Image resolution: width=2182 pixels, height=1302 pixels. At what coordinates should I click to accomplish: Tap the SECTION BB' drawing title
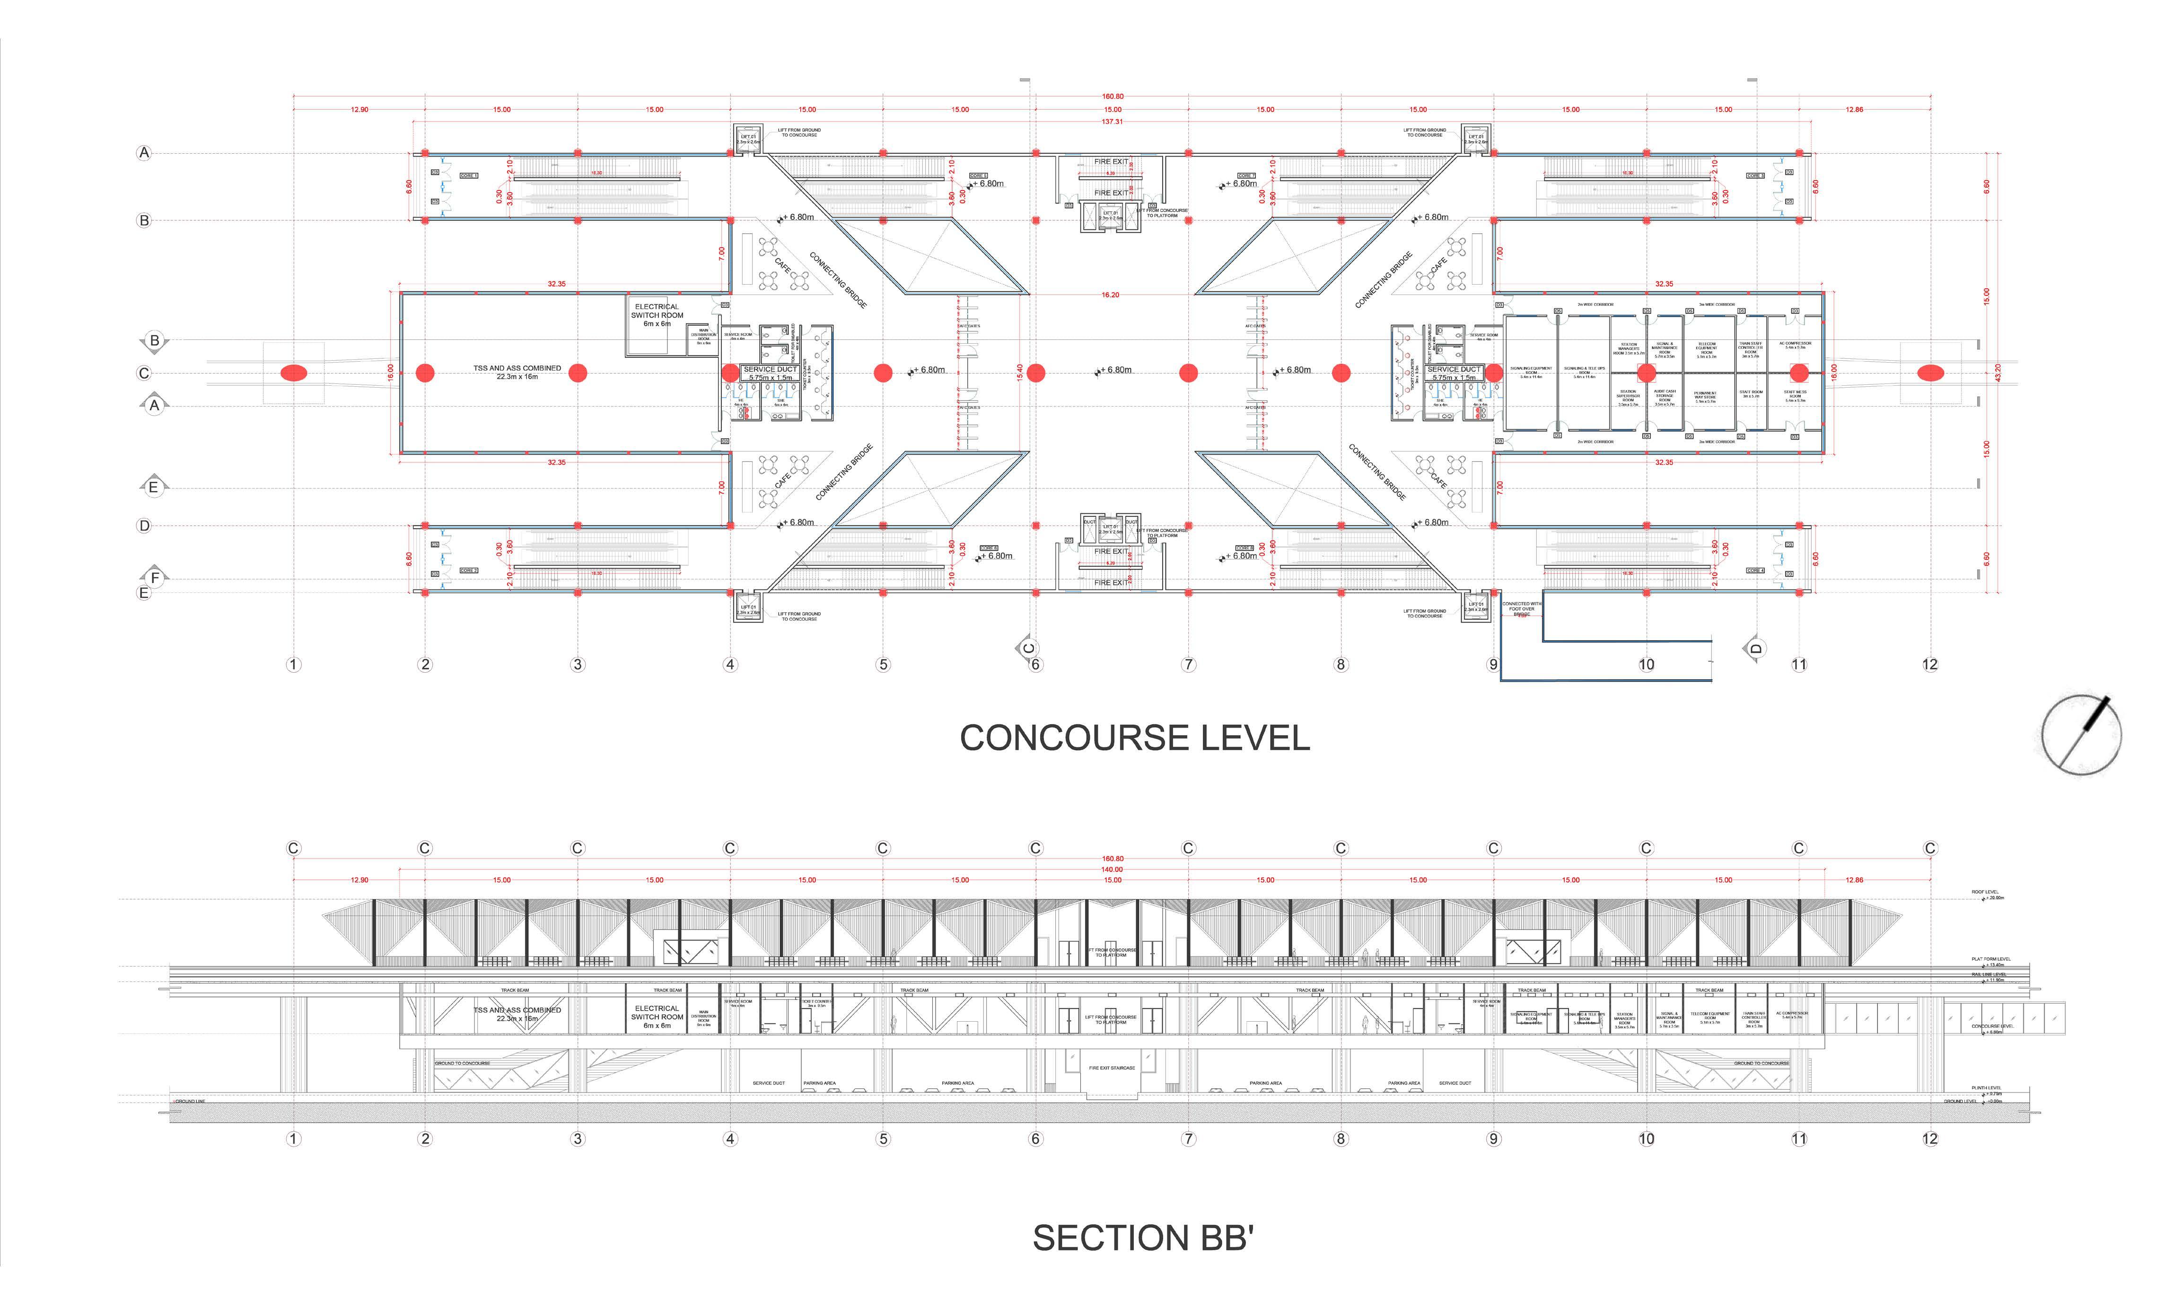pyautogui.click(x=1143, y=1238)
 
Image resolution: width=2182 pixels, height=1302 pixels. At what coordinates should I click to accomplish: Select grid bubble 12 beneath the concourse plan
pyautogui.click(x=1929, y=664)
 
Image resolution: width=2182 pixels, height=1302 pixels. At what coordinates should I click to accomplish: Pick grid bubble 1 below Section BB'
pyautogui.click(x=293, y=1139)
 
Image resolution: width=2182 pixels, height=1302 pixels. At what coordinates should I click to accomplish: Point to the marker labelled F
pyautogui.click(x=155, y=577)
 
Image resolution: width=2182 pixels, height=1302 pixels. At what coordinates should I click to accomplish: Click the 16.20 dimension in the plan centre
pyautogui.click(x=1110, y=295)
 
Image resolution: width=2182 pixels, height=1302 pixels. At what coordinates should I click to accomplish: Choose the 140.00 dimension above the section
pyautogui.click(x=1112, y=869)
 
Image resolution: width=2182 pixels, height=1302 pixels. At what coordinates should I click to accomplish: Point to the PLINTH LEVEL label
pyautogui.click(x=1985, y=1088)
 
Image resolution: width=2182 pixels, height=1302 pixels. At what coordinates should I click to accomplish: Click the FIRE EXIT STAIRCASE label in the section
pyautogui.click(x=1112, y=1068)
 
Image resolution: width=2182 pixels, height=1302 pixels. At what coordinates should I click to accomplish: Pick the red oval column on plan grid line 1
pyautogui.click(x=294, y=373)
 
